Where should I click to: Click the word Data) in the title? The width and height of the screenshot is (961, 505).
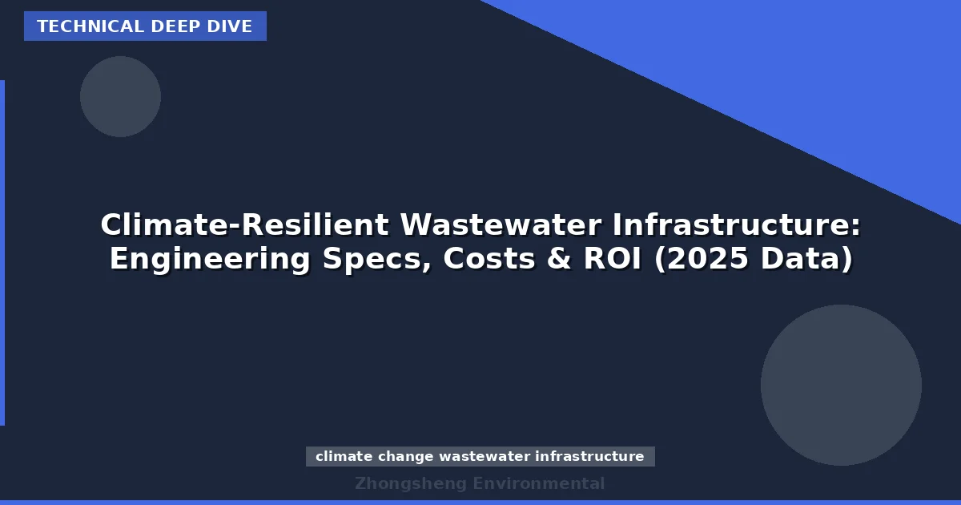(810, 259)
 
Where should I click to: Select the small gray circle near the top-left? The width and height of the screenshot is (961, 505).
(120, 96)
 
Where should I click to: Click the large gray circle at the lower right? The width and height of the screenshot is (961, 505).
(841, 385)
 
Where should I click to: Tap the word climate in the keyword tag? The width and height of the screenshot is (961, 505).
(344, 457)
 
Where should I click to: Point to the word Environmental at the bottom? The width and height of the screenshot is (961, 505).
(538, 483)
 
